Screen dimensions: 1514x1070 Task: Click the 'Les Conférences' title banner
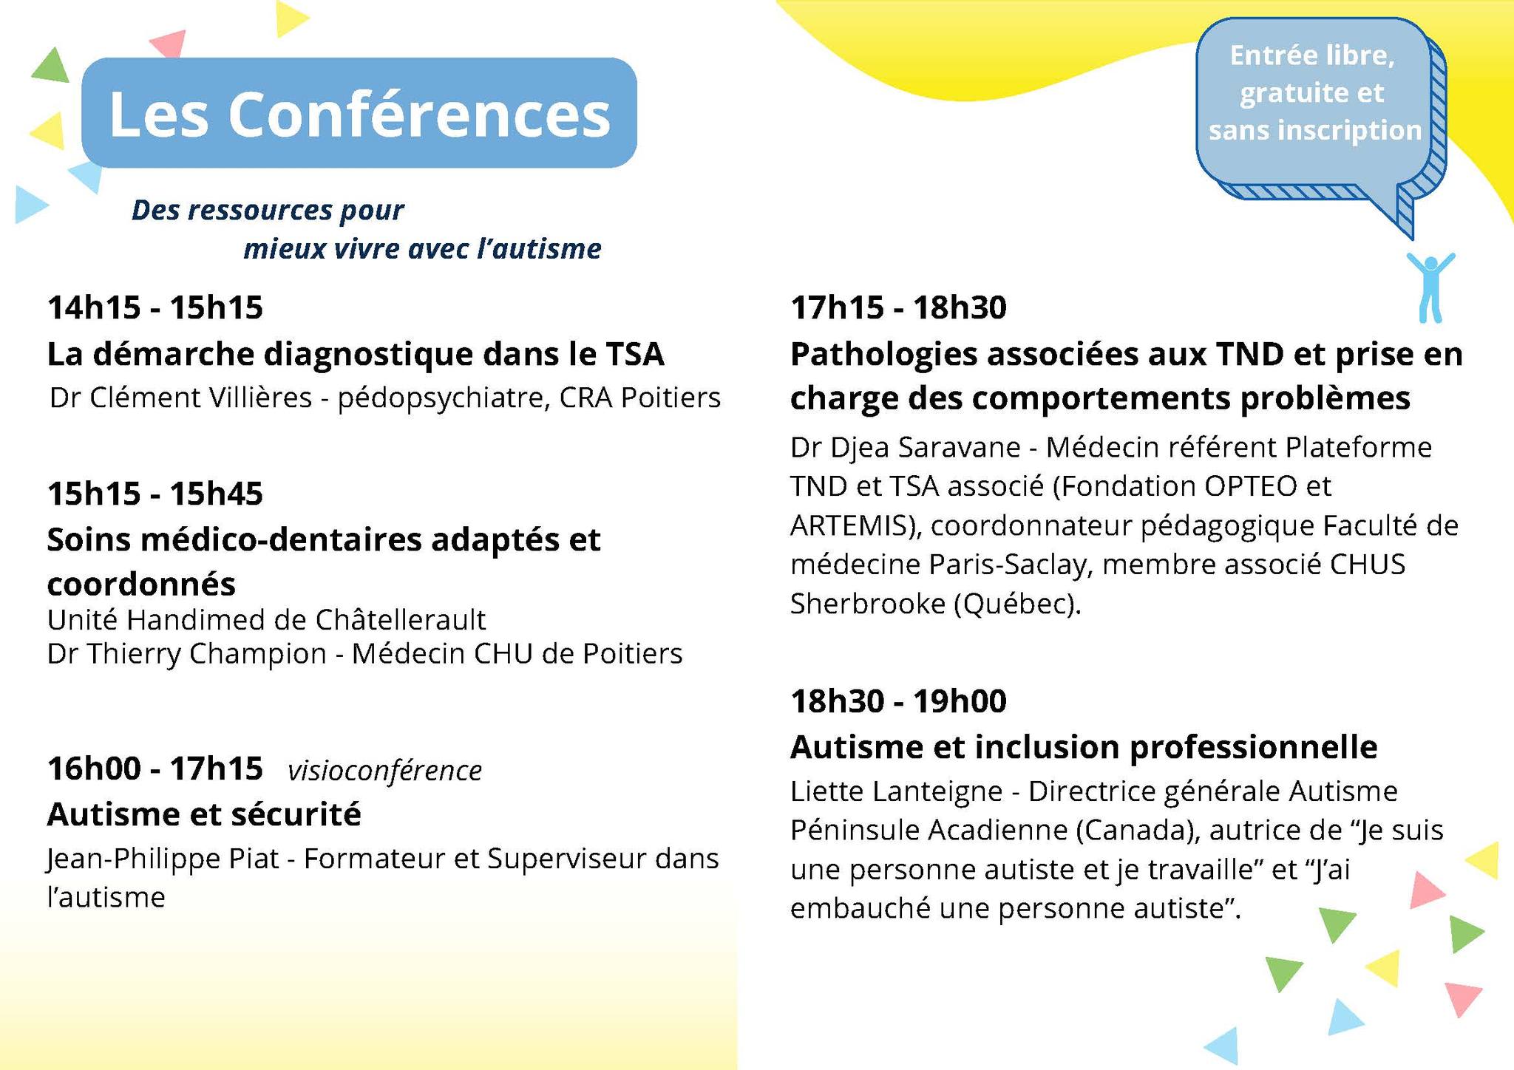pyautogui.click(x=359, y=113)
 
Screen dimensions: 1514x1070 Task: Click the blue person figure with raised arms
pyautogui.click(x=1430, y=287)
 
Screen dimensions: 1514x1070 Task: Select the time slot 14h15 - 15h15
pyautogui.click(x=155, y=307)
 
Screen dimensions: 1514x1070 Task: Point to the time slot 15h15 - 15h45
pyautogui.click(x=155, y=494)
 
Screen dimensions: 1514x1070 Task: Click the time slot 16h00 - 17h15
pyautogui.click(x=155, y=769)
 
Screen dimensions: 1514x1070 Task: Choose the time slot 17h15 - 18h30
pyautogui.click(x=899, y=307)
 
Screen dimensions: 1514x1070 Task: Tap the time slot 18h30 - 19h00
pyautogui.click(x=899, y=701)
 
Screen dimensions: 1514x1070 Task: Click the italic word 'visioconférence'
pyautogui.click(x=384, y=771)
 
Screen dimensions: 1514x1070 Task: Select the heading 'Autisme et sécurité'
pyautogui.click(x=204, y=814)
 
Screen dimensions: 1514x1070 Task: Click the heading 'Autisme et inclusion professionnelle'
pyautogui.click(x=1084, y=747)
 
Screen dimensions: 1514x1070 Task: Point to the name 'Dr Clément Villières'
pyautogui.click(x=181, y=398)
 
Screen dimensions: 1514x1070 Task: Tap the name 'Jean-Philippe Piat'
pyautogui.click(x=163, y=859)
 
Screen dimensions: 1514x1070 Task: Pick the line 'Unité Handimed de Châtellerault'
pyautogui.click(x=267, y=619)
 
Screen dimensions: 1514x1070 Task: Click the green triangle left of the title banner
pyautogui.click(x=50, y=67)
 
